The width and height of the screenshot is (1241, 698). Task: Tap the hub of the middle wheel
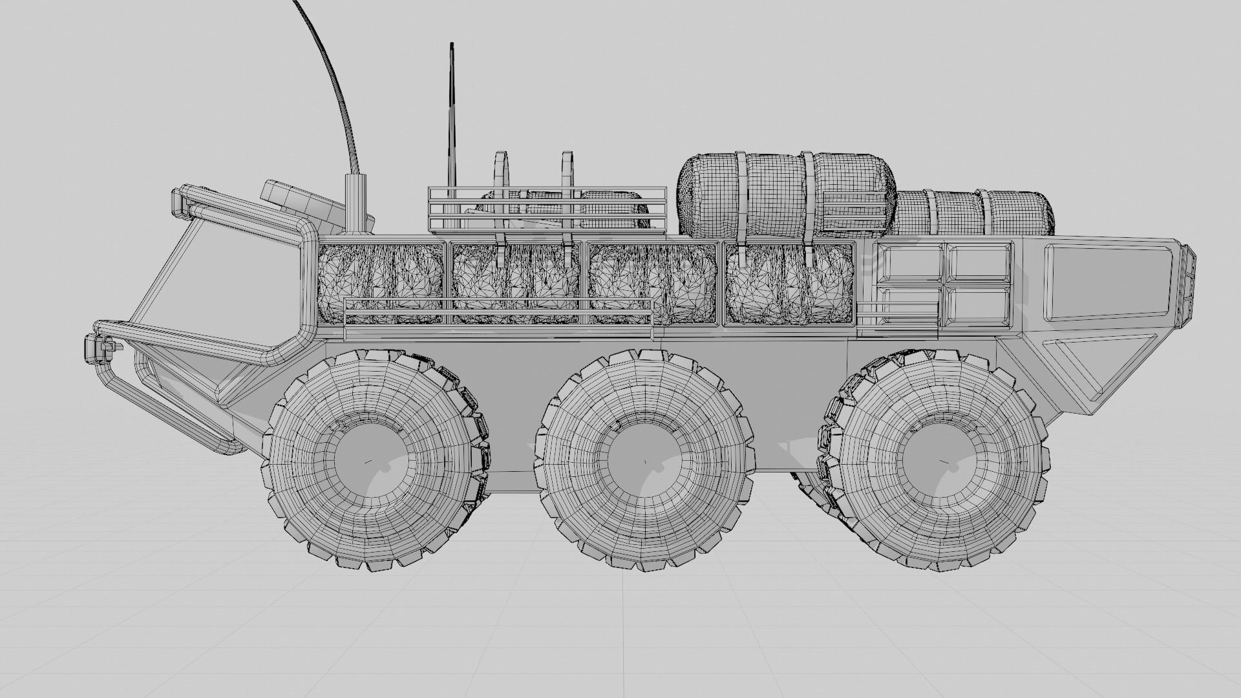[644, 461]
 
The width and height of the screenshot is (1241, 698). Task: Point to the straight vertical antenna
[452, 116]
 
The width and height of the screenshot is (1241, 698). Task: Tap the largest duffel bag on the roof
[786, 194]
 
